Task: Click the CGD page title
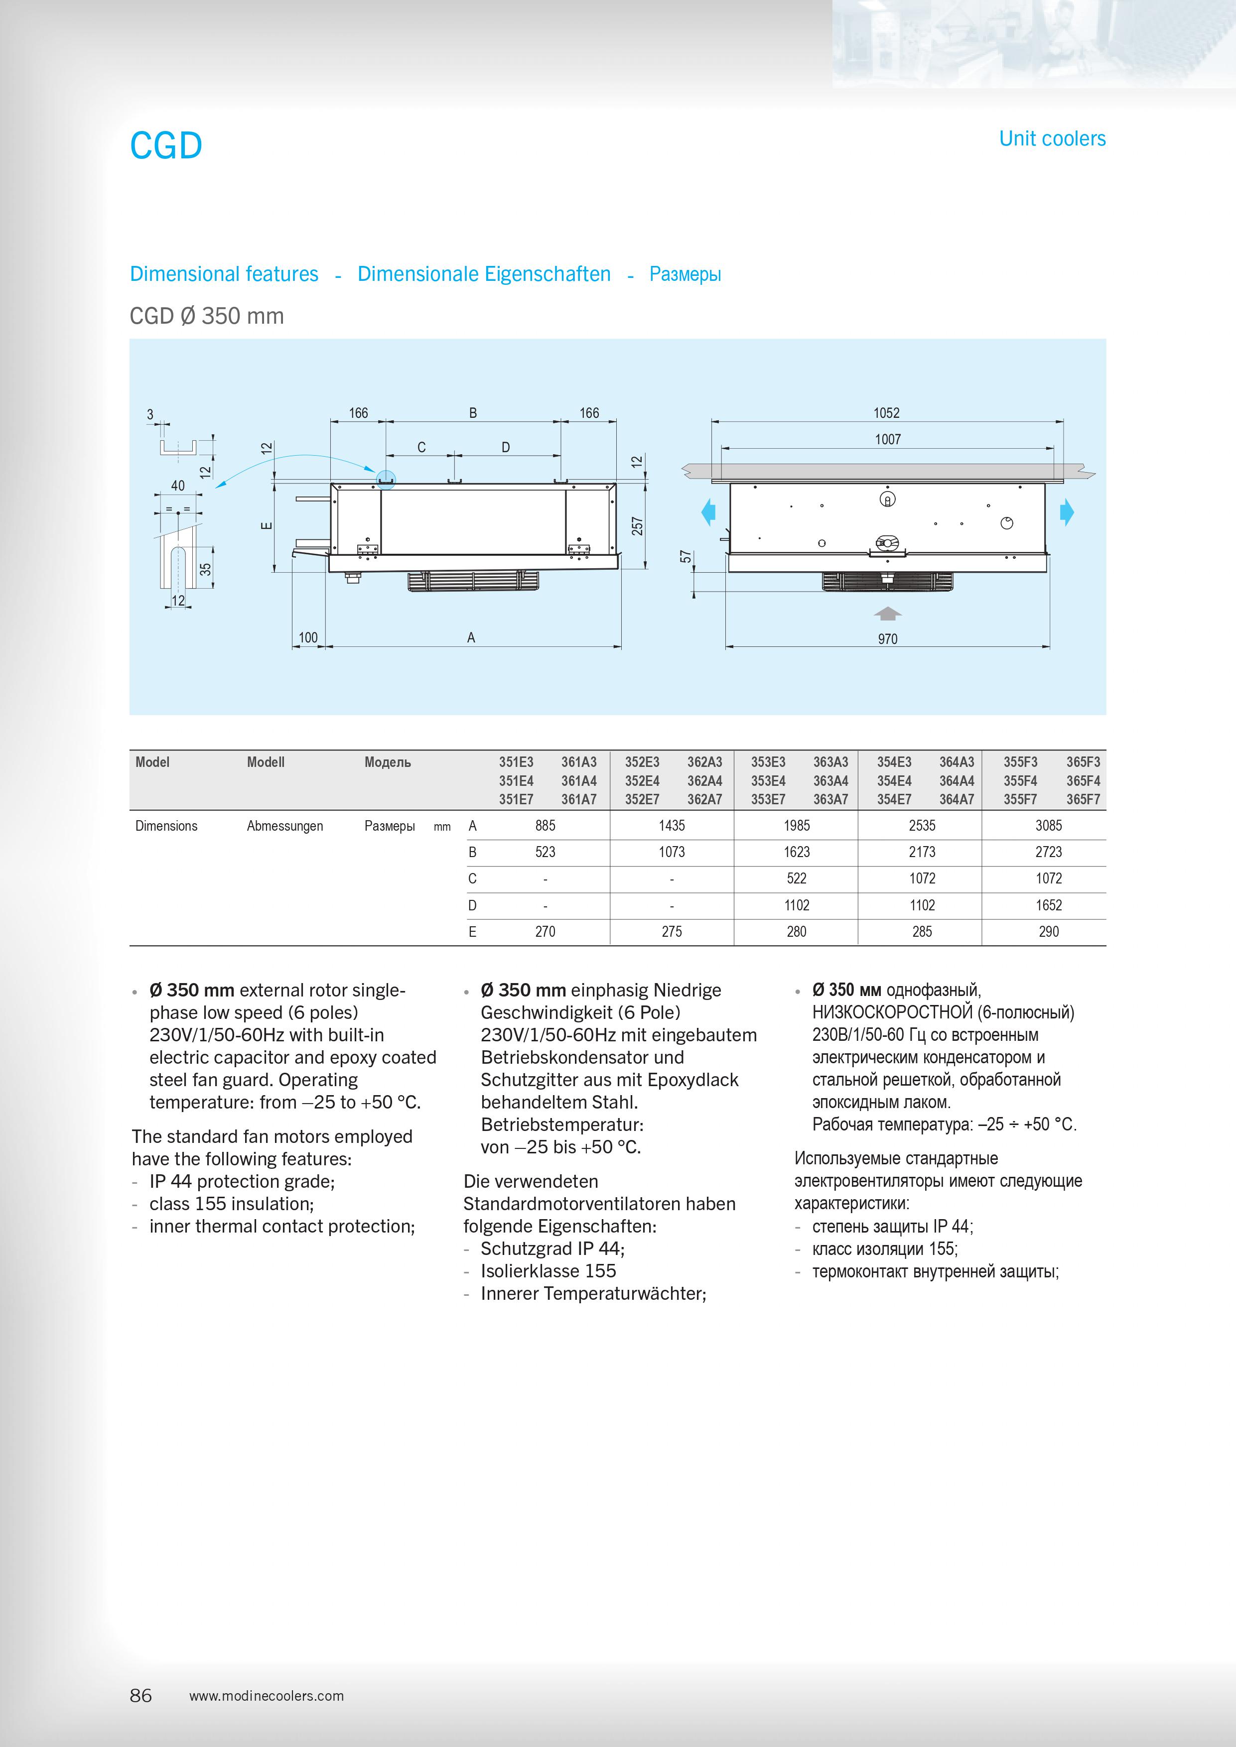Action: click(166, 145)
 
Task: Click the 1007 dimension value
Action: click(887, 439)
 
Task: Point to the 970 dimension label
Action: click(887, 639)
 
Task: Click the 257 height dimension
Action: click(638, 526)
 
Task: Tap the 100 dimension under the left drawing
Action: click(308, 637)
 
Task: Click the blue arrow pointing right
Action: click(1067, 512)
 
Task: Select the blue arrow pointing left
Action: click(708, 512)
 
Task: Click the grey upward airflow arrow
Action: click(887, 613)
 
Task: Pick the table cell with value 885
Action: click(545, 826)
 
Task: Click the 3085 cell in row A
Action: click(1048, 826)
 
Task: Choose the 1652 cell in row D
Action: click(1048, 905)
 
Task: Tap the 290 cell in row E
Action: click(1048, 931)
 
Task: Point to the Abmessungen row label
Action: click(284, 826)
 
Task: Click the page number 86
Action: click(141, 1695)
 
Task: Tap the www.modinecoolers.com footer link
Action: click(267, 1696)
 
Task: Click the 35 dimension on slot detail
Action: click(205, 568)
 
